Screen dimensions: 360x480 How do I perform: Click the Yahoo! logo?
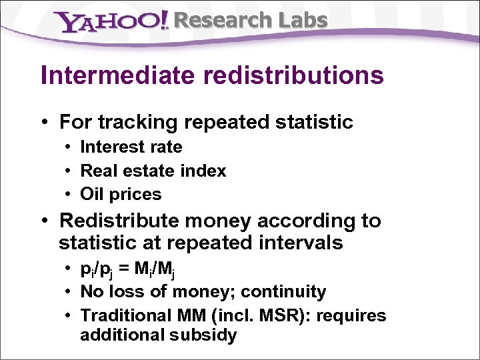coord(113,22)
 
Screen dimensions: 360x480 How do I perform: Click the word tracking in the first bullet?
coord(139,122)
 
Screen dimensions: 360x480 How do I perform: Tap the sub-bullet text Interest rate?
coord(131,147)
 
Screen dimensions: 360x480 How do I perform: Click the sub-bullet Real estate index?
coord(153,171)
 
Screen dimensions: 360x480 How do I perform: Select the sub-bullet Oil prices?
coord(121,194)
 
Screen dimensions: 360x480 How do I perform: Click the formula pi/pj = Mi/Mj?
coord(127,270)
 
